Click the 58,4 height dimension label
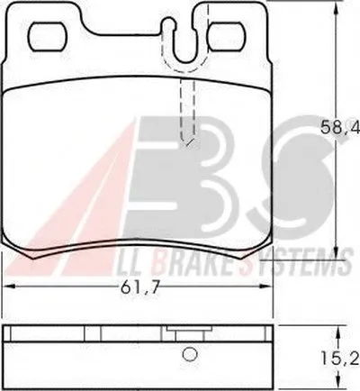pos(339,128)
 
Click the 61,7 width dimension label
pos(139,288)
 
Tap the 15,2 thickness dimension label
pos(339,359)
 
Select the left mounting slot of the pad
pos(48,37)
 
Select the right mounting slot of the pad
pos(227,37)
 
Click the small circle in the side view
pos(190,354)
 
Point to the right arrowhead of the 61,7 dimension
pos(267,287)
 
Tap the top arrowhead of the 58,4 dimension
pos(337,6)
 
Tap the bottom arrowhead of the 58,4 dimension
pos(337,253)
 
